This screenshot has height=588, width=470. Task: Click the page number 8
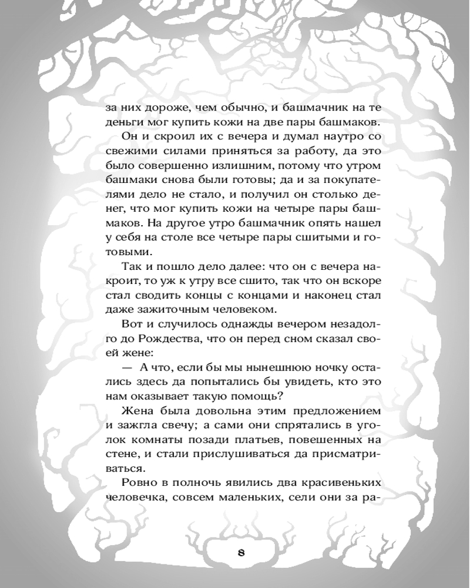(241, 553)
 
